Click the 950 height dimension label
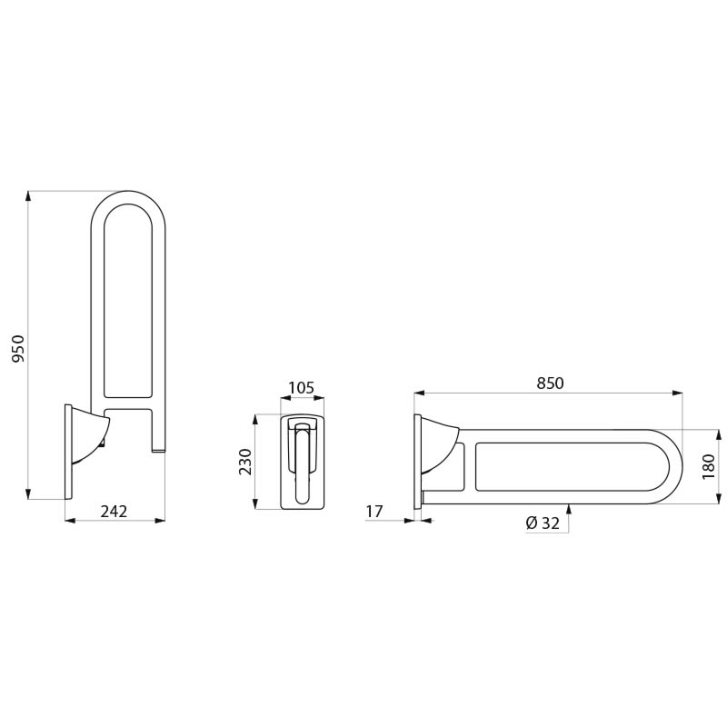pos(18,348)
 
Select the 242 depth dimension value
pos(114,512)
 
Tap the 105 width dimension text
pos(301,388)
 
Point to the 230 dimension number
pos(245,462)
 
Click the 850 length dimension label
pos(550,383)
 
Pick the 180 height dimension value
pos(709,466)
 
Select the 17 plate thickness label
pos(373,512)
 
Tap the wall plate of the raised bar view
pos(68,452)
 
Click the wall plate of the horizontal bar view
pos(417,462)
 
